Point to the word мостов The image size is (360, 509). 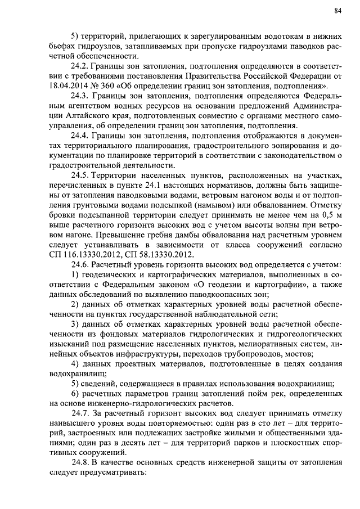click(301, 353)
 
